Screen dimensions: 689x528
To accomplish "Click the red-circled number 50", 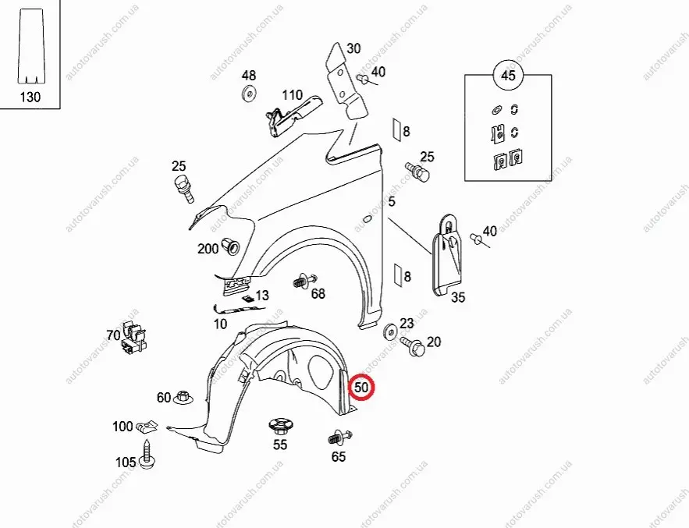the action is coord(361,388).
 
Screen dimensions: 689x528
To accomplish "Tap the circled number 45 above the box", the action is coord(508,75).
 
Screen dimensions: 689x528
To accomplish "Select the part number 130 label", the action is coord(30,97).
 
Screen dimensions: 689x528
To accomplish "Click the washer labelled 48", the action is coord(250,94).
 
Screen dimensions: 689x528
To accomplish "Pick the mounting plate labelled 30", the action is coord(347,81).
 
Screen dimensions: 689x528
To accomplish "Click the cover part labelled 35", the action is coord(448,255).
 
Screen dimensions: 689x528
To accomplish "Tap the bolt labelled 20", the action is coord(413,346).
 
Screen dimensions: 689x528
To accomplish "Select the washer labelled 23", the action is coord(390,331).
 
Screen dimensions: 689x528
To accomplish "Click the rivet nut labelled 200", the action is coord(231,246).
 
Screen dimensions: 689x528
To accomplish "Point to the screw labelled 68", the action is coord(305,281).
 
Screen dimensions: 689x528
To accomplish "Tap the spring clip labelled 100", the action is coord(147,427).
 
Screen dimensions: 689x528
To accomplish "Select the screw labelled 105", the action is coord(147,455).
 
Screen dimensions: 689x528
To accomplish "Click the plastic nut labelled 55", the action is coord(281,427).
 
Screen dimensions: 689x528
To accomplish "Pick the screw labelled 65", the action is coord(340,438).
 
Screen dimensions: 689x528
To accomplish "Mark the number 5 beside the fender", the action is coord(392,202).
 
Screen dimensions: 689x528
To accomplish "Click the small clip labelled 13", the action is coord(249,299).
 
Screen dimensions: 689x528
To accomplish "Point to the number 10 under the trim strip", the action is coord(220,324).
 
